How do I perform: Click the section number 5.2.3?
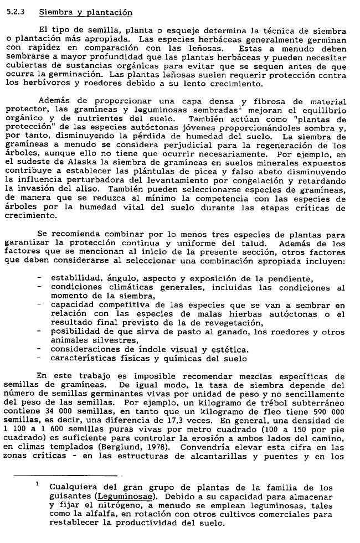[16, 12]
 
